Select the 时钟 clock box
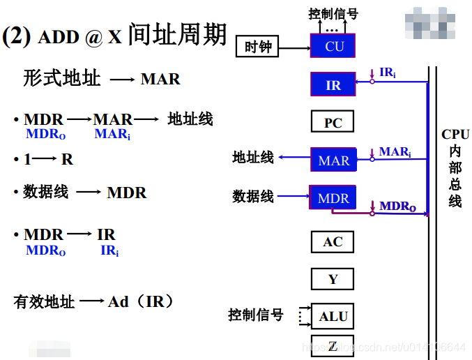coord(257,47)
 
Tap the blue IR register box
coord(333,85)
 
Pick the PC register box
coord(333,123)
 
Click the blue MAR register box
coord(333,160)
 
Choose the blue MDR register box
coord(333,198)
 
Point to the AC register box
coord(333,241)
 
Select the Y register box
coord(333,279)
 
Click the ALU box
coord(333,316)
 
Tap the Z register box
coord(333,345)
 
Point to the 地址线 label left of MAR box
coord(253,158)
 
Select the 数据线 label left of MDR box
coord(253,197)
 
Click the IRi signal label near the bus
coord(388,73)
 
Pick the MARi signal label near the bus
coord(395,151)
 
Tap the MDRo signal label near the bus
coord(397,206)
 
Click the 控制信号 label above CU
coord(333,13)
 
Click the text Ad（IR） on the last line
coord(140,302)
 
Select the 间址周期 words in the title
coord(177,34)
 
